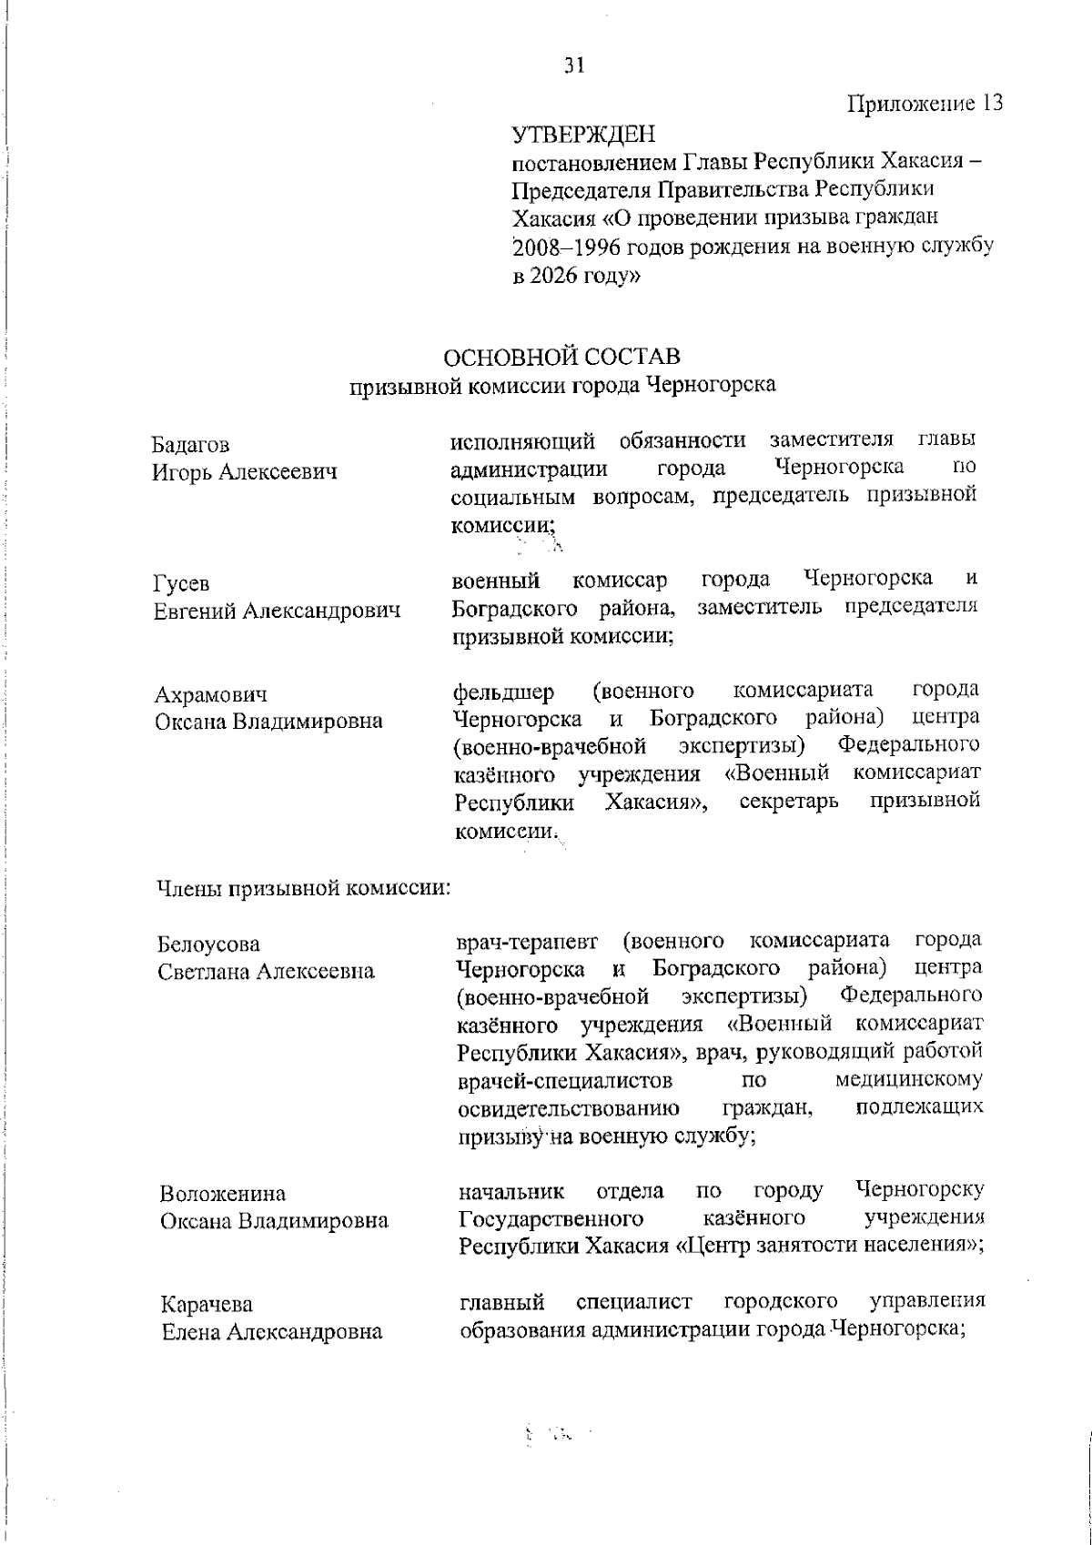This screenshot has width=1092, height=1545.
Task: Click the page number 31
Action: (x=573, y=66)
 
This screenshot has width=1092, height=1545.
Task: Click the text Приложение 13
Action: (x=925, y=103)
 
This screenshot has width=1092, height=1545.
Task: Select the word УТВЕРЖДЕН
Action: (x=583, y=136)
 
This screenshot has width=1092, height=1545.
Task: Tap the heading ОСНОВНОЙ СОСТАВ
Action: (x=562, y=355)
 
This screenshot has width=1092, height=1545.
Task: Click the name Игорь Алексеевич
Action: (x=244, y=473)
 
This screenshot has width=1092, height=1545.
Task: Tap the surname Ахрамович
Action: (x=210, y=696)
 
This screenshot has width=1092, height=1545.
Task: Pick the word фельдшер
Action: (x=503, y=692)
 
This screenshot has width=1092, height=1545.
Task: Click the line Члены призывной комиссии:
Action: (x=304, y=887)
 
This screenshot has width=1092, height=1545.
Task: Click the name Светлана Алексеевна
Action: (x=266, y=972)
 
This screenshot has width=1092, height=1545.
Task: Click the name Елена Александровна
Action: (x=271, y=1333)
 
